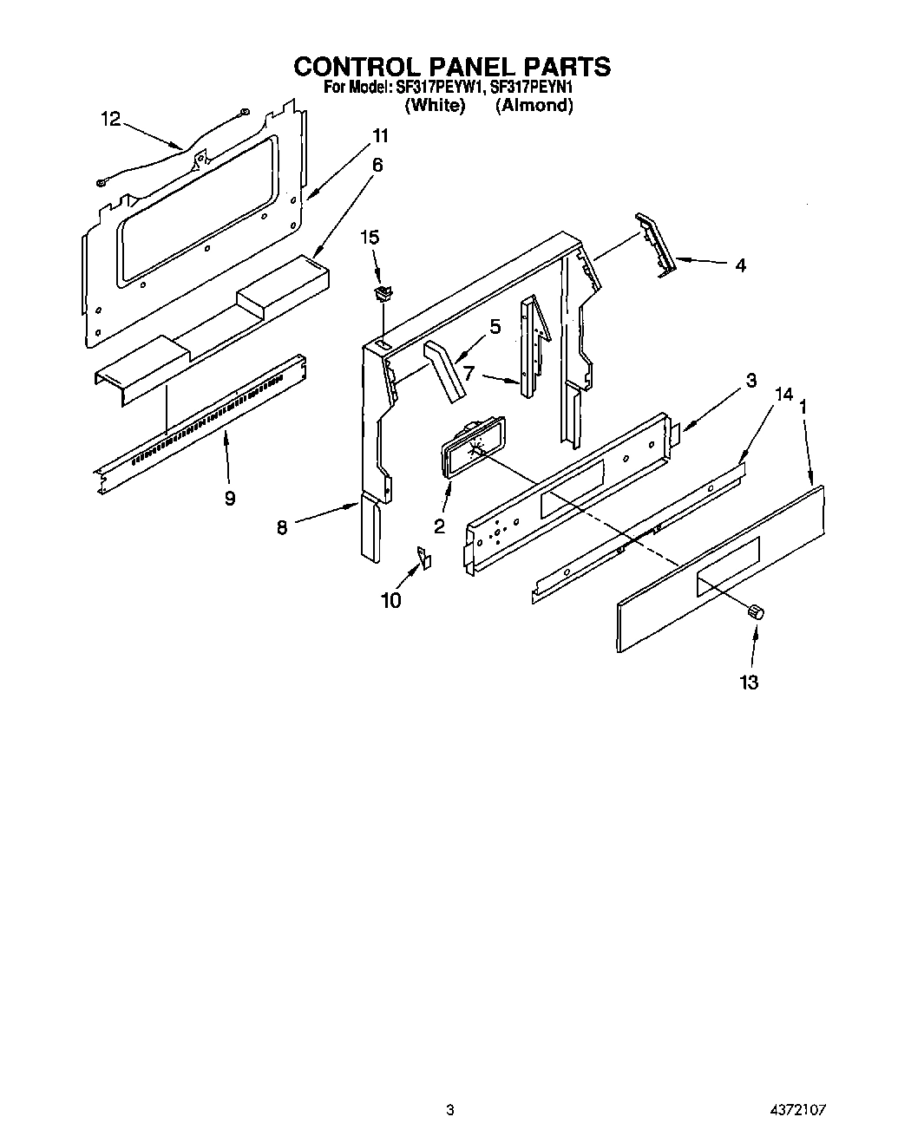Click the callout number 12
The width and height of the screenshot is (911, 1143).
110,120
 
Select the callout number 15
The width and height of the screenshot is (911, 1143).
370,237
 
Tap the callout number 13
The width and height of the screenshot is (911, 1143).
750,682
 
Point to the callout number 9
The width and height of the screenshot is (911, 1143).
229,498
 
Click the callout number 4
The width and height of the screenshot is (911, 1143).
740,265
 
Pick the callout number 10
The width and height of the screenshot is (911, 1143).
391,600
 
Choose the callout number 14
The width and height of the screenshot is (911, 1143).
783,395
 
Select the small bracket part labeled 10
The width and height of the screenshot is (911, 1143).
424,558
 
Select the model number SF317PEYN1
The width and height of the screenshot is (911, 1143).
532,88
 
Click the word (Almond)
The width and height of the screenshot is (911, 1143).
534,106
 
